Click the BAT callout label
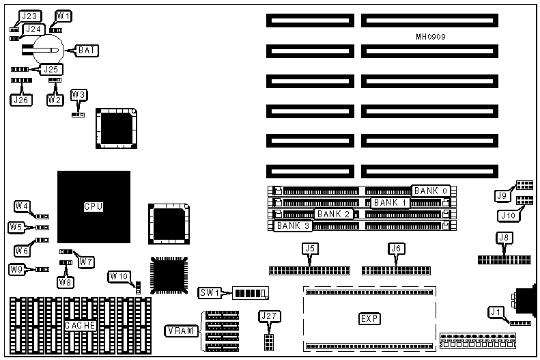point(87,50)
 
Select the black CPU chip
point(94,206)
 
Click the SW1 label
point(209,293)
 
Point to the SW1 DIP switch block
point(250,294)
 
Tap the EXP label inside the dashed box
point(369,319)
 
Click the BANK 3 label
point(293,225)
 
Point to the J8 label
point(505,238)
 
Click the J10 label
point(508,216)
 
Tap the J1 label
point(495,312)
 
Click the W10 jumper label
point(119,277)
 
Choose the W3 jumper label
point(79,94)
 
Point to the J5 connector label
point(309,249)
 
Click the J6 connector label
point(394,249)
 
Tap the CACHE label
point(79,326)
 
